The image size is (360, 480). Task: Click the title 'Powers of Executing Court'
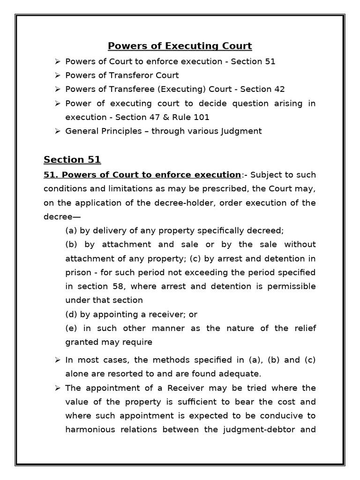[180, 46]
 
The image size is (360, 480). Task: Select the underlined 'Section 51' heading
[72, 159]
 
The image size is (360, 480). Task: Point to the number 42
[279, 89]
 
